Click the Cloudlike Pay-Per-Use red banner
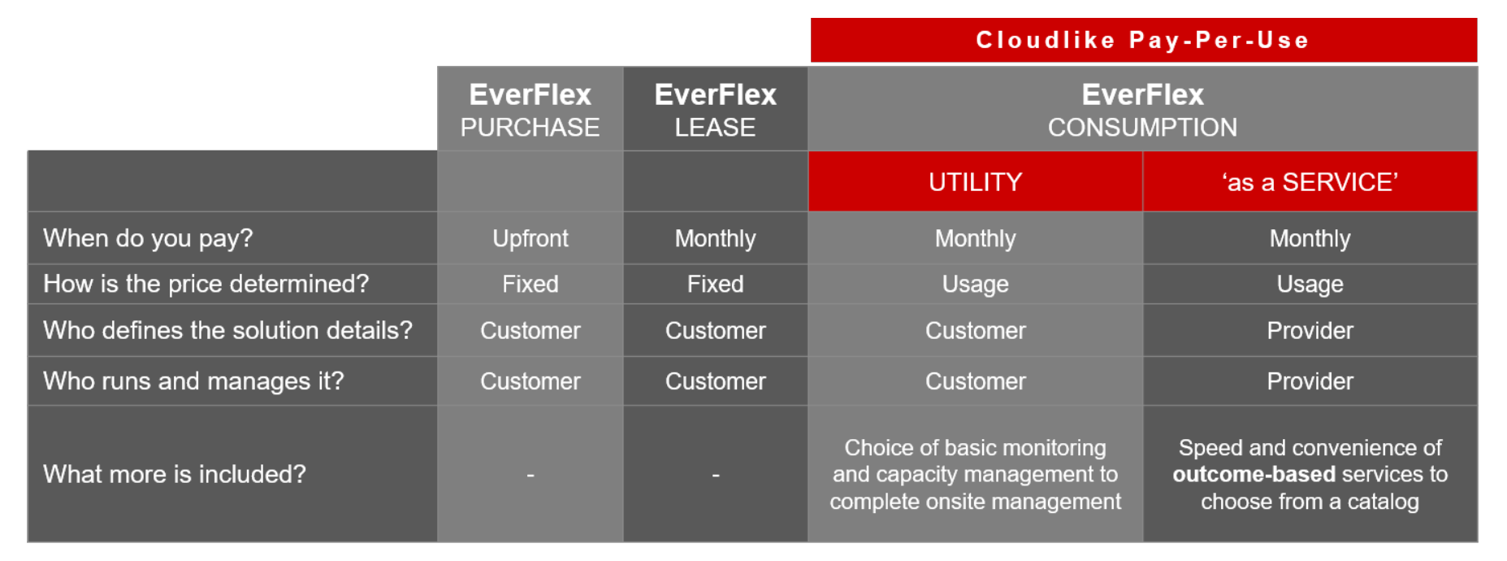1144,40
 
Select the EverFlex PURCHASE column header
530,109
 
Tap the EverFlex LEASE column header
716,109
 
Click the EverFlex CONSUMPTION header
1143,109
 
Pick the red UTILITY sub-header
976,181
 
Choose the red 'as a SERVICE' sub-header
1310,181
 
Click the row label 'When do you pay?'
148,238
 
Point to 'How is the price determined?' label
206,284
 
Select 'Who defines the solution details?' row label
227,330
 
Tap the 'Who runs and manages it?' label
193,381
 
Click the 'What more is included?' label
175,474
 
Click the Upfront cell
530,238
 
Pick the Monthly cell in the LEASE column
716,238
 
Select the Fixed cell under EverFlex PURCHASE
530,284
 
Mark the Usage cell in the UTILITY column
976,284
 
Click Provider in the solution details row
1310,330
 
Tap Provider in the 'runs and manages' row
1310,381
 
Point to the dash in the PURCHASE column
530,475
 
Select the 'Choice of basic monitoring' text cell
976,474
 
